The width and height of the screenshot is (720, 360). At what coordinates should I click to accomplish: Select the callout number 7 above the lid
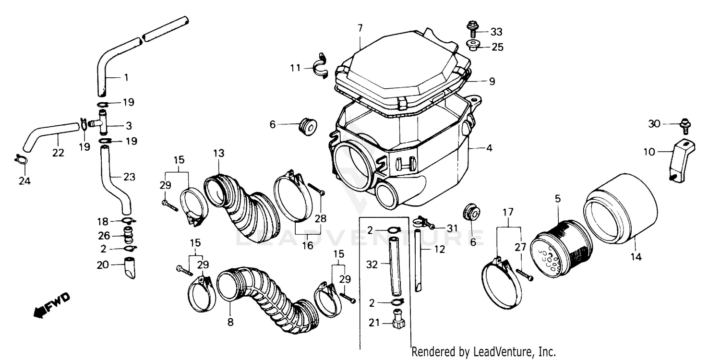click(360, 28)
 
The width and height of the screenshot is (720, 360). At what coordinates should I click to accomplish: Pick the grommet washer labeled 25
click(473, 47)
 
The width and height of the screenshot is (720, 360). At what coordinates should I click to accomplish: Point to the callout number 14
click(636, 257)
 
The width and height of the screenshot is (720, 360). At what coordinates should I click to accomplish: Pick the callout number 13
click(219, 153)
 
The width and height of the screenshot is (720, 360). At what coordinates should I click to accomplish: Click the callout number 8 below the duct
click(230, 323)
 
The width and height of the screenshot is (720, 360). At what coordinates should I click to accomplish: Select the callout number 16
click(307, 245)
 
